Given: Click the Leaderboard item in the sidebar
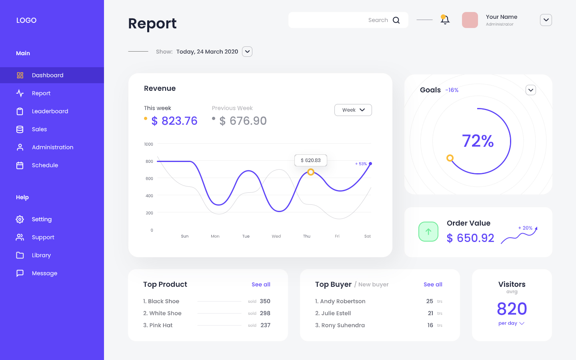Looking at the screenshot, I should click(50, 111).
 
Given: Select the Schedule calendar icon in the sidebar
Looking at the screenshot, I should click(20, 165).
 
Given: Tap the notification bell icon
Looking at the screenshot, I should click(445, 20).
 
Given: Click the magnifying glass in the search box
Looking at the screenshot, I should click(396, 20).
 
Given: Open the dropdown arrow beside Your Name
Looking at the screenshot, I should click(546, 20).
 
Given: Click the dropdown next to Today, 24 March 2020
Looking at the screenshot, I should click(247, 52).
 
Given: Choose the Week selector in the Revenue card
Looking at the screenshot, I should click(353, 110).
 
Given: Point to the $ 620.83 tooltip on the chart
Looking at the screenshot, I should click(311, 160).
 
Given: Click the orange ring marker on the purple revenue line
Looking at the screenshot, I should click(311, 172).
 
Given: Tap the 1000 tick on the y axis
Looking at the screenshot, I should click(148, 144).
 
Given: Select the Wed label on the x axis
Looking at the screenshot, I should click(276, 236).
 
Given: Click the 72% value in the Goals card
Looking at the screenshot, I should click(478, 141).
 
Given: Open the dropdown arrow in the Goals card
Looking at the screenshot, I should click(530, 90).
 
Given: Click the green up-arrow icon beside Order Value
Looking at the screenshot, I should click(428, 232).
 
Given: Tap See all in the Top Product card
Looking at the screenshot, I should click(261, 284).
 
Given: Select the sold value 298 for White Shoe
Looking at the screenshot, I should click(265, 313).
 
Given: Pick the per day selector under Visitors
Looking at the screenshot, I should click(511, 323).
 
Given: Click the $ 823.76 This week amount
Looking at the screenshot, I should click(174, 121).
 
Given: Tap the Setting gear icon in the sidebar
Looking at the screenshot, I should click(20, 219).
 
